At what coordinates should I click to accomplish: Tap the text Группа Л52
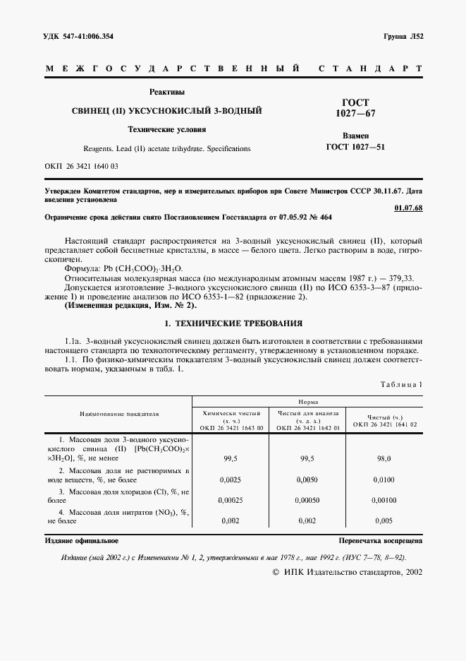pyautogui.click(x=402, y=35)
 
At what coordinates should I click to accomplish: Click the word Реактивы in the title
pyautogui.click(x=166, y=91)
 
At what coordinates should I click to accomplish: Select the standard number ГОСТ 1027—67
pyautogui.click(x=356, y=107)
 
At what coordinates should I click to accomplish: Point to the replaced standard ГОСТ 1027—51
pyautogui.click(x=356, y=147)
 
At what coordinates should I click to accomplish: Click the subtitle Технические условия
pyautogui.click(x=166, y=129)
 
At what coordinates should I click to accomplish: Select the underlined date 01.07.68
pyautogui.click(x=408, y=208)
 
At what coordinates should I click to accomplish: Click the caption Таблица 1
pyautogui.click(x=400, y=386)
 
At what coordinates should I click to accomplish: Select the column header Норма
pyautogui.click(x=307, y=400)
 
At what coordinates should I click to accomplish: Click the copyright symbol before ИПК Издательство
pyautogui.click(x=276, y=573)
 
